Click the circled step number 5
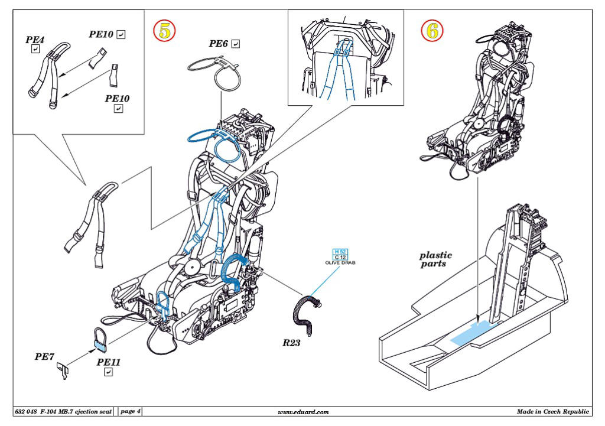164,31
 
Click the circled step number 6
432,31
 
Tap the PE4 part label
35,40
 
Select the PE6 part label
219,44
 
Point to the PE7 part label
44,357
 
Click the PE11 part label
109,362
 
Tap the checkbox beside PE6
236,44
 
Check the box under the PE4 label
35,50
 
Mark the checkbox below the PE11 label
109,372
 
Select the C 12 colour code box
340,257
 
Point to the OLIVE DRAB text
340,262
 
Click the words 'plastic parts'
435,259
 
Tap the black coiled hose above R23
306,312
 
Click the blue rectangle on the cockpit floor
474,333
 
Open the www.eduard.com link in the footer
303,412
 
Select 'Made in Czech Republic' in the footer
552,411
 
